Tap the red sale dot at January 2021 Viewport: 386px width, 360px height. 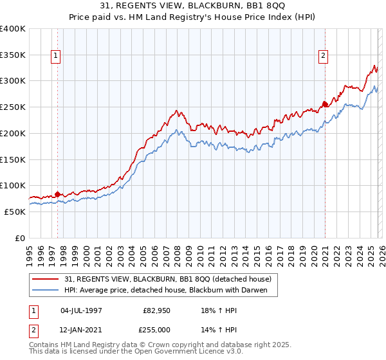click(325, 104)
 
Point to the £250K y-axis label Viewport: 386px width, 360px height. click(13, 107)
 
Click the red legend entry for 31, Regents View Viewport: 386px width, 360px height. click(168, 279)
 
